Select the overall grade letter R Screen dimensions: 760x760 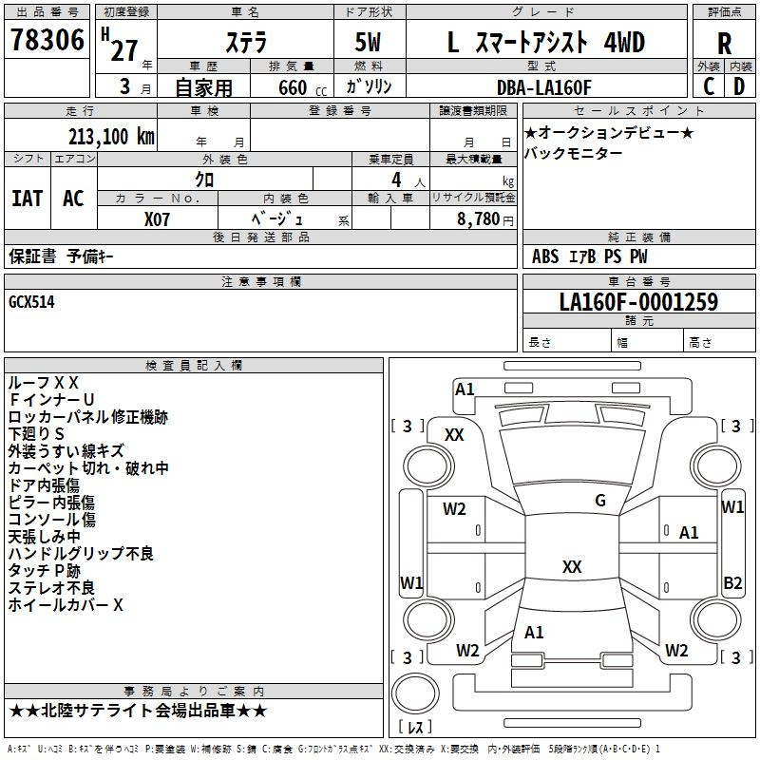(724, 44)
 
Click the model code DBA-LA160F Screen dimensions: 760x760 (544, 87)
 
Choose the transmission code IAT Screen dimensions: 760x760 (27, 199)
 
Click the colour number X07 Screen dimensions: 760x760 (158, 218)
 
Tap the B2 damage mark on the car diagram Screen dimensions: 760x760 (732, 583)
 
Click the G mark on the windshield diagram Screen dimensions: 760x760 (599, 501)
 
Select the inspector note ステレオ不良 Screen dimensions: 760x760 (51, 587)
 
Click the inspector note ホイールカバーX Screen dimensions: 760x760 (66, 604)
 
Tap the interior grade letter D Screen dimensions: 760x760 (738, 85)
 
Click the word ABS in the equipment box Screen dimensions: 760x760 (545, 256)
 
